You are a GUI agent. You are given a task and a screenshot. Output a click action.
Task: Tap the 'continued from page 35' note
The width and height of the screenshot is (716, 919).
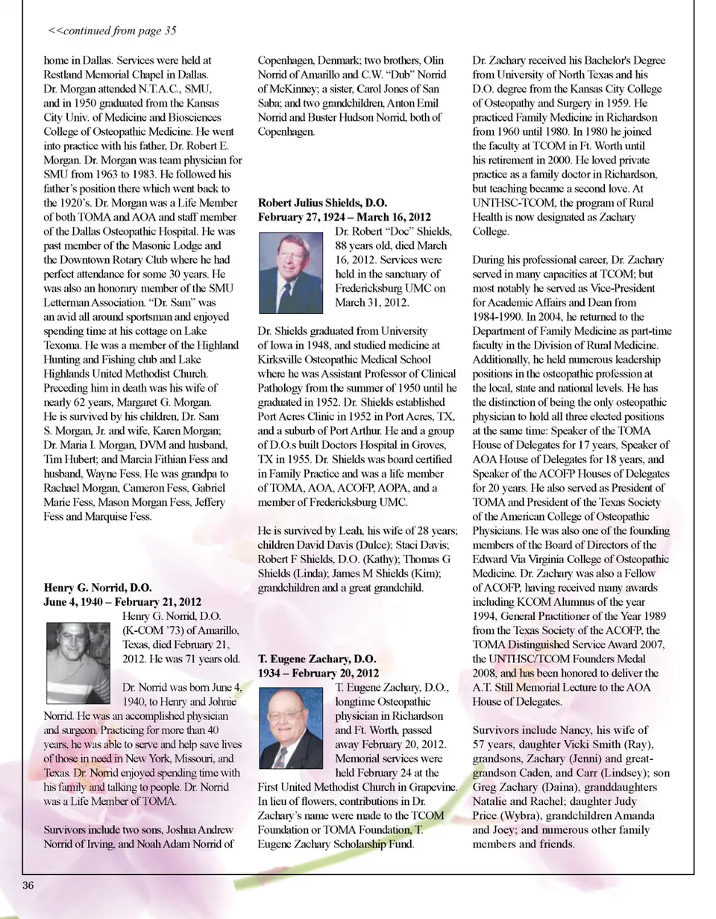tap(112, 31)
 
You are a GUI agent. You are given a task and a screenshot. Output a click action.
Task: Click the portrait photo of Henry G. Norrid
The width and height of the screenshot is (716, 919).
tap(78, 662)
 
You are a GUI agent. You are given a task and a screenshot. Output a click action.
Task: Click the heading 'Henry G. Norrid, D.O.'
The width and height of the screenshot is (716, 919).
tap(98, 588)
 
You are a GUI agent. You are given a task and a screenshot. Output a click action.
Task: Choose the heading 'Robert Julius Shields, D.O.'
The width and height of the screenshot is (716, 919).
tap(323, 202)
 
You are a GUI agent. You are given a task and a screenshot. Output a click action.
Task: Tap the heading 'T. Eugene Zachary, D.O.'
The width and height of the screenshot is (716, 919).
tap(317, 659)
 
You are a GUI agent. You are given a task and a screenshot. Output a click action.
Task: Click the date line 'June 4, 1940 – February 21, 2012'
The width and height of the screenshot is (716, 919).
tap(122, 601)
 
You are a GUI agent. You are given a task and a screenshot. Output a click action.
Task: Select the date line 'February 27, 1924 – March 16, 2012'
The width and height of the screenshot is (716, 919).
tap(345, 216)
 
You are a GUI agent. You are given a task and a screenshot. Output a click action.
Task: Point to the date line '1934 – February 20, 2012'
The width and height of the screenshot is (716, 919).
tap(318, 673)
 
